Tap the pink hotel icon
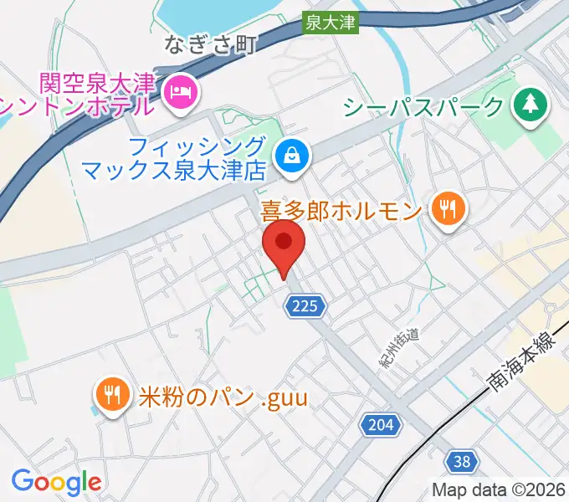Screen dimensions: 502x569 [x=179, y=92]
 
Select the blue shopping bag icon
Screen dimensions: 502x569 [x=292, y=155]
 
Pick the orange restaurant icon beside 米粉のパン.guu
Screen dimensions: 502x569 [x=111, y=395]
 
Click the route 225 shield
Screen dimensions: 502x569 [x=305, y=308]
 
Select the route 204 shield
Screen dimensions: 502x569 [x=379, y=425]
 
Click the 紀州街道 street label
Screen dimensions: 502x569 [x=399, y=346]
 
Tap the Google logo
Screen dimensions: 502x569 [x=56, y=482]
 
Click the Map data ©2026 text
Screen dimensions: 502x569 [x=499, y=489]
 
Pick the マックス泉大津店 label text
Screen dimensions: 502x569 [x=174, y=171]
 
